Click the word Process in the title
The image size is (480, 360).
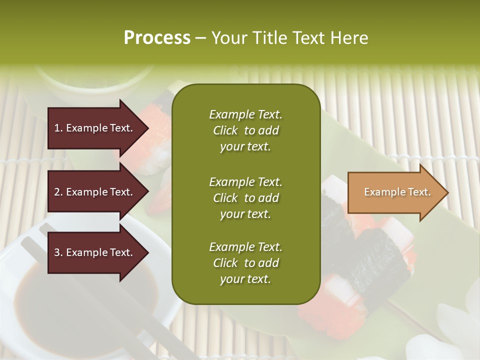tap(157, 38)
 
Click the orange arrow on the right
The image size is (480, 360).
tap(395, 192)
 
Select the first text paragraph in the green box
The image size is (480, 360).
tap(245, 130)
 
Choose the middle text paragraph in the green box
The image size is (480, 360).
tap(245, 197)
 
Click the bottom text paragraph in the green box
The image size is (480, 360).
tap(245, 263)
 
